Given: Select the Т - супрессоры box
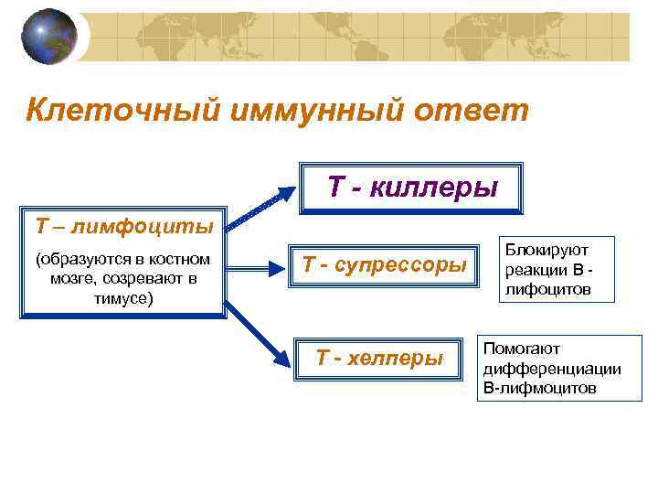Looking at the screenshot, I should point(385,266).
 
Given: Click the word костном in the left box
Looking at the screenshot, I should point(183,260).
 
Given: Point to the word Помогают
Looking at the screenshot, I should point(521,349).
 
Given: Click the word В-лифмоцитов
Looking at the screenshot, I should point(538,388).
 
